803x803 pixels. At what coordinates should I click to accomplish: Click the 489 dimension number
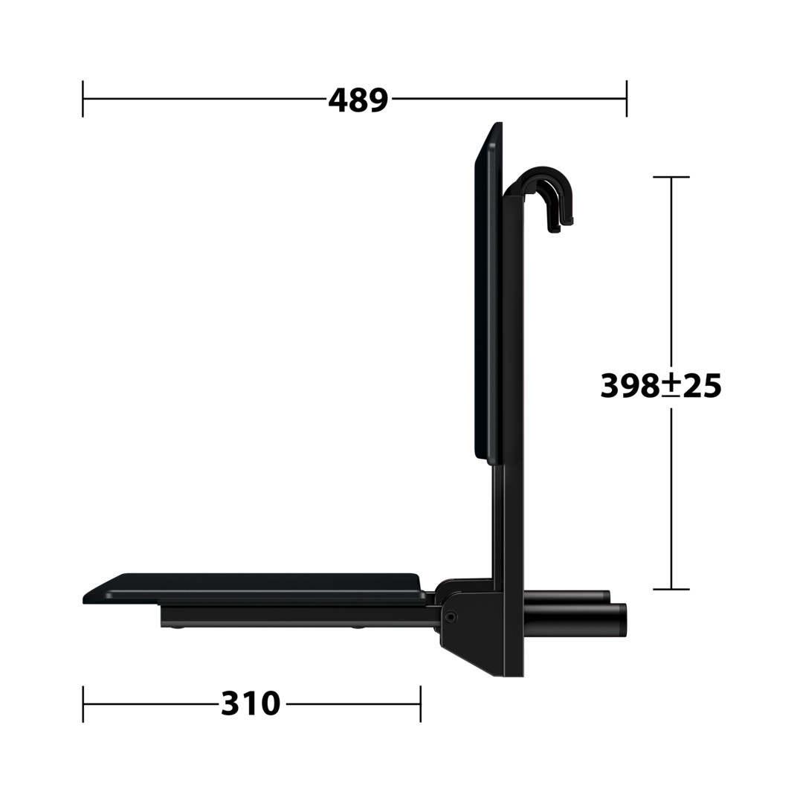coord(358,100)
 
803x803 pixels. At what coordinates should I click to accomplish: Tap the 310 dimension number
coord(251,703)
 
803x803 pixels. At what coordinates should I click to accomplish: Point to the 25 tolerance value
coord(702,386)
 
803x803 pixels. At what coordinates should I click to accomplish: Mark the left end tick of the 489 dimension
coord(83,98)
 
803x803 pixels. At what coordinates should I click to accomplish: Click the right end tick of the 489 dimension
coord(626,98)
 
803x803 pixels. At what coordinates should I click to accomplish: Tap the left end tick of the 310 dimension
coord(83,703)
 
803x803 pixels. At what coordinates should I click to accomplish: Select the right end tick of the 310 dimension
coord(420,703)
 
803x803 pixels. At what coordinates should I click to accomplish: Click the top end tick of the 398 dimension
coord(671,177)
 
